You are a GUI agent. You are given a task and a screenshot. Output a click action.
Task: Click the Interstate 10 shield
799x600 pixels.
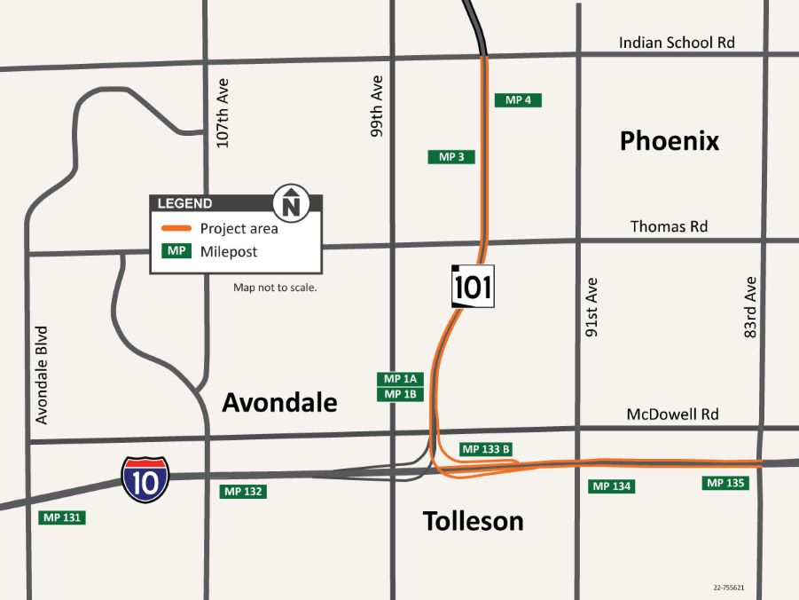click(145, 479)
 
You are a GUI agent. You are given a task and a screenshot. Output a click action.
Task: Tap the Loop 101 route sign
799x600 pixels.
click(473, 287)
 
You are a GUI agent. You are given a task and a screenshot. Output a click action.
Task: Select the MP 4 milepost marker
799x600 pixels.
click(518, 100)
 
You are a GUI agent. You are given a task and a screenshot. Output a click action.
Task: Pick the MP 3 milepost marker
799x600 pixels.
click(451, 157)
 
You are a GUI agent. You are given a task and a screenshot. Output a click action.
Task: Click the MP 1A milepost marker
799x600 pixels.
click(400, 379)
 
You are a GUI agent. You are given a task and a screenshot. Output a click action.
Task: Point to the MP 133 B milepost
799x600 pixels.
click(486, 449)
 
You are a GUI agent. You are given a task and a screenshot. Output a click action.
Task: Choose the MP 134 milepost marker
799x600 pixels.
click(612, 486)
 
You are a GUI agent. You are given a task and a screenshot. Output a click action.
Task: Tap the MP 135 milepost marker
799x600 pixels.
click(725, 484)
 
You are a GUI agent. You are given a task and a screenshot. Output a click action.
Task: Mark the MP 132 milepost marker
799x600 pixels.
click(243, 491)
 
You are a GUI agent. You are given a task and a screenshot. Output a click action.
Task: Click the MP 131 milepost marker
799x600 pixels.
click(63, 517)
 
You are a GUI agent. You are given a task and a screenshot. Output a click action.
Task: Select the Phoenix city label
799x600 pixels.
click(669, 141)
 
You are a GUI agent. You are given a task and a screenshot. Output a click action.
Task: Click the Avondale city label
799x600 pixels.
click(279, 403)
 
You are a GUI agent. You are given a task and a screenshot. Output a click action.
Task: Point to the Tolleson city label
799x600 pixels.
click(473, 521)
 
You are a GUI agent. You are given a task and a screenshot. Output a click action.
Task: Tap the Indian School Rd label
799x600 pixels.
click(677, 43)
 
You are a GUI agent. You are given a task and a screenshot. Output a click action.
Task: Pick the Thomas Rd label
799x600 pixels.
click(669, 227)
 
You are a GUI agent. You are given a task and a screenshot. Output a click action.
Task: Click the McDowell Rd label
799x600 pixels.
click(672, 414)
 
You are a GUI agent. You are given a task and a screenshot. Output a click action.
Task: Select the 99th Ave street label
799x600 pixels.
click(377, 106)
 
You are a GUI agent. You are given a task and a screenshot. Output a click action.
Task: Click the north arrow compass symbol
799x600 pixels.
click(291, 202)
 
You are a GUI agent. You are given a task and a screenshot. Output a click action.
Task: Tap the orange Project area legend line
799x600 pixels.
click(176, 228)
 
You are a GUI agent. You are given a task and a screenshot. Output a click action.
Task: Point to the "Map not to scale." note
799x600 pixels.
click(275, 288)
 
